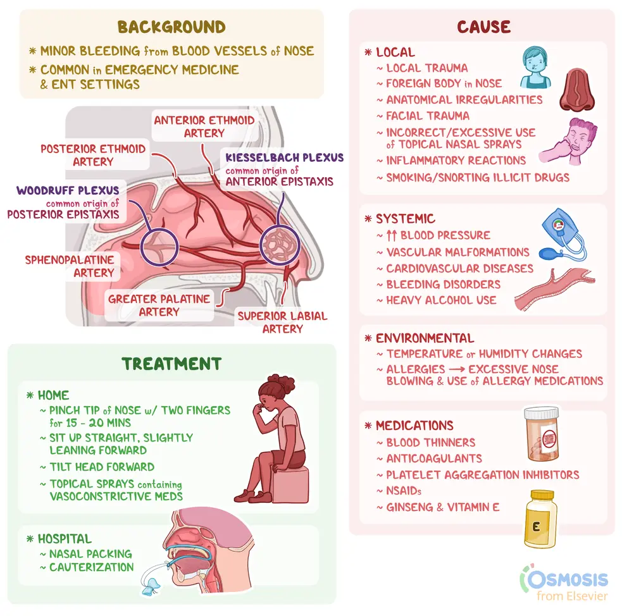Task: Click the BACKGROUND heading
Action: pyautogui.click(x=171, y=27)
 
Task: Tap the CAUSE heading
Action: pyautogui.click(x=483, y=27)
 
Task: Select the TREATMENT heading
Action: pyautogui.click(x=171, y=364)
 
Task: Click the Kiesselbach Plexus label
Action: pyautogui.click(x=284, y=157)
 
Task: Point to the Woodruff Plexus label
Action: pyautogui.click(x=68, y=190)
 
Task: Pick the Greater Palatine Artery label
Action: pyautogui.click(x=159, y=305)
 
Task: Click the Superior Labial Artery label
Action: pyautogui.click(x=282, y=323)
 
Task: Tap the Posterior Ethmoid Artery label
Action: pyautogui.click(x=93, y=155)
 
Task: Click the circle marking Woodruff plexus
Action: pyautogui.click(x=141, y=246)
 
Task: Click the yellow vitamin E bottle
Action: pyautogui.click(x=541, y=519)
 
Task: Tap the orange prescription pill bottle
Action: pyautogui.click(x=542, y=434)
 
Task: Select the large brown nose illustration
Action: pyautogui.click(x=577, y=90)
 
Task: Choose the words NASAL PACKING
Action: pyautogui.click(x=90, y=554)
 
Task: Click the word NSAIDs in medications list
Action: pyautogui.click(x=404, y=491)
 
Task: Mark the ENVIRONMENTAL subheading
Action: pyautogui.click(x=425, y=338)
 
